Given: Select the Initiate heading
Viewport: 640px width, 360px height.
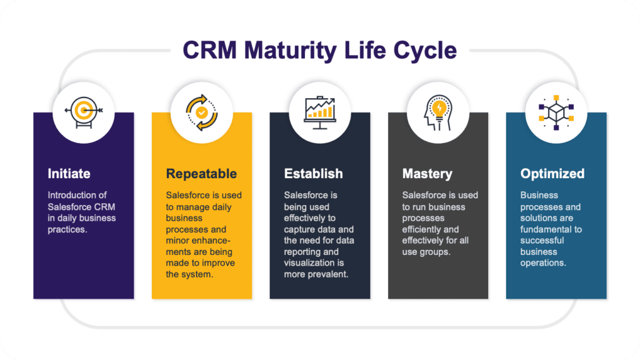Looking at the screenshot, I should [69, 173].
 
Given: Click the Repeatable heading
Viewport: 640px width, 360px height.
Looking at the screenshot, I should [201, 173].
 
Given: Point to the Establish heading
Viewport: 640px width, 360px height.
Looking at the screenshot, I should [313, 173].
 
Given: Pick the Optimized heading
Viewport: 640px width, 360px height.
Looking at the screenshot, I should [552, 173].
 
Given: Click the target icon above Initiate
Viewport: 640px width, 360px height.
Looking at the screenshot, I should [83, 112].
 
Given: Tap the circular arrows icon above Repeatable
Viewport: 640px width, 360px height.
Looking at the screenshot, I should [201, 112].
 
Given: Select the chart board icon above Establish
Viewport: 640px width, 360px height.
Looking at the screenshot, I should [319, 112].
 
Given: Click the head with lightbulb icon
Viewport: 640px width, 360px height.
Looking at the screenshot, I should [437, 112].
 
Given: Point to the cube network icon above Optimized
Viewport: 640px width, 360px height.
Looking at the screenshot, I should [556, 112].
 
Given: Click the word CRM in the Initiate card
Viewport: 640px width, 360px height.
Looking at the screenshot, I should [104, 207].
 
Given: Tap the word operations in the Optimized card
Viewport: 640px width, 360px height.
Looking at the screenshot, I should [543, 263].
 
